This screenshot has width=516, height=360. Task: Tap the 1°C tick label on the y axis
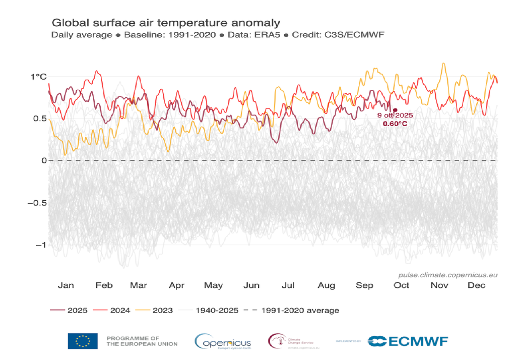click(x=38, y=77)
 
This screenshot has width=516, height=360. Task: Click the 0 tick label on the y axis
click(x=44, y=160)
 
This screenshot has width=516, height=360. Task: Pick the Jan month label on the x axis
click(x=66, y=285)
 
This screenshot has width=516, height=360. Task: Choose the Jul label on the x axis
click(x=288, y=285)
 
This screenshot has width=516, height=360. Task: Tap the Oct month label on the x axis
click(x=401, y=285)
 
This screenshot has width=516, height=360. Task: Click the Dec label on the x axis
click(x=476, y=285)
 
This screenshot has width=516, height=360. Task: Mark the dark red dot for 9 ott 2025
click(x=395, y=110)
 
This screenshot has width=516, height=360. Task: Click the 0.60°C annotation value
click(x=395, y=123)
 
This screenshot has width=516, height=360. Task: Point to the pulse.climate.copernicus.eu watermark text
click(x=447, y=275)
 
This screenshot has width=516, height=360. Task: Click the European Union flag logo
click(x=83, y=341)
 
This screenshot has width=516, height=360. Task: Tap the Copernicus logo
click(x=223, y=341)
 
